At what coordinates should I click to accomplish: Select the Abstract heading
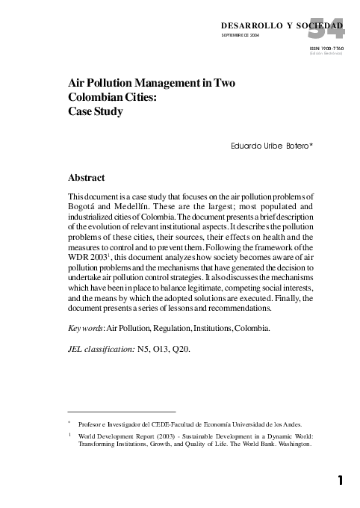[86, 178]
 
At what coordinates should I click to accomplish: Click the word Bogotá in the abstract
[85, 208]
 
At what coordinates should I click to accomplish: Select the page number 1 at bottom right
[340, 481]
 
